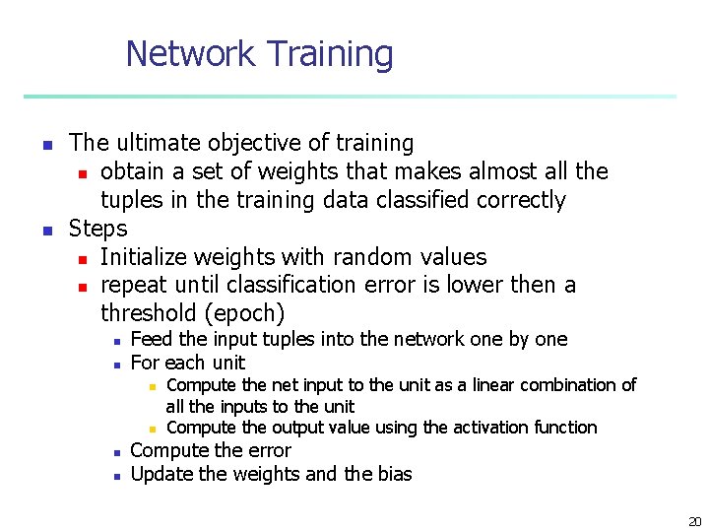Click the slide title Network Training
click(x=259, y=53)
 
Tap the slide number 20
click(x=695, y=521)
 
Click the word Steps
click(x=97, y=229)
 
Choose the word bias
click(x=393, y=475)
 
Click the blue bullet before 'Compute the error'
click(x=116, y=452)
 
